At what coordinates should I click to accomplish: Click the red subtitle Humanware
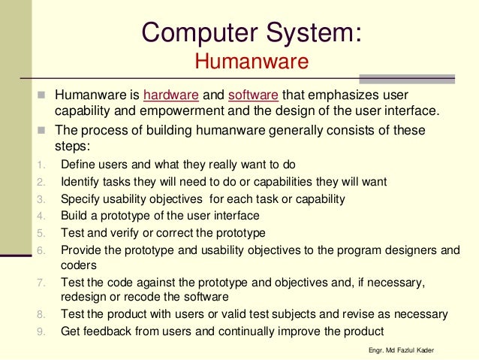coord(252,61)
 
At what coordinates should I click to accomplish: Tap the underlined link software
coord(253,96)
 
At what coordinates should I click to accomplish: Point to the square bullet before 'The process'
coord(42,130)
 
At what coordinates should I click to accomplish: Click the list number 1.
coord(41,165)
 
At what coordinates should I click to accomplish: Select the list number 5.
coord(41,233)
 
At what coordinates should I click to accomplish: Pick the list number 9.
coord(41,331)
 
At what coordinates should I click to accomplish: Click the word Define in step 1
coord(77,165)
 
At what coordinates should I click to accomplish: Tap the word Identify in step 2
coord(80,181)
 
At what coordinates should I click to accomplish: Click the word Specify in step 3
coord(80,199)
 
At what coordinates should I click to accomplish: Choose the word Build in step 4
coord(73,216)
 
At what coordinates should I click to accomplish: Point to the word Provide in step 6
coord(81,250)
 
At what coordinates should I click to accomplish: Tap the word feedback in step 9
coord(102,331)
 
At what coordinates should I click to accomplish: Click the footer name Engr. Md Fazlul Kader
coord(398,351)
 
